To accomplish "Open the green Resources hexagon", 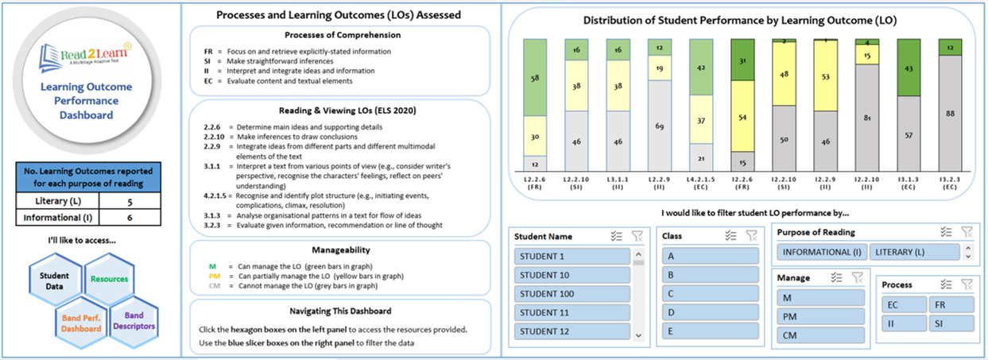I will [109, 280].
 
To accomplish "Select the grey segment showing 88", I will [950, 113].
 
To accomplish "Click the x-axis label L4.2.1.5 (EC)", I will [702, 185].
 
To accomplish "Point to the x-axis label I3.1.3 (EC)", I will [909, 185].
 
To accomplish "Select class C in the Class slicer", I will [709, 293].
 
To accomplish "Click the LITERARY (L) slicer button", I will [912, 252].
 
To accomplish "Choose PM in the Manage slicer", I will [819, 316].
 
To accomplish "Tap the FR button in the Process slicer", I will [951, 304].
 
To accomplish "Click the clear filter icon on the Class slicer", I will [751, 235].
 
